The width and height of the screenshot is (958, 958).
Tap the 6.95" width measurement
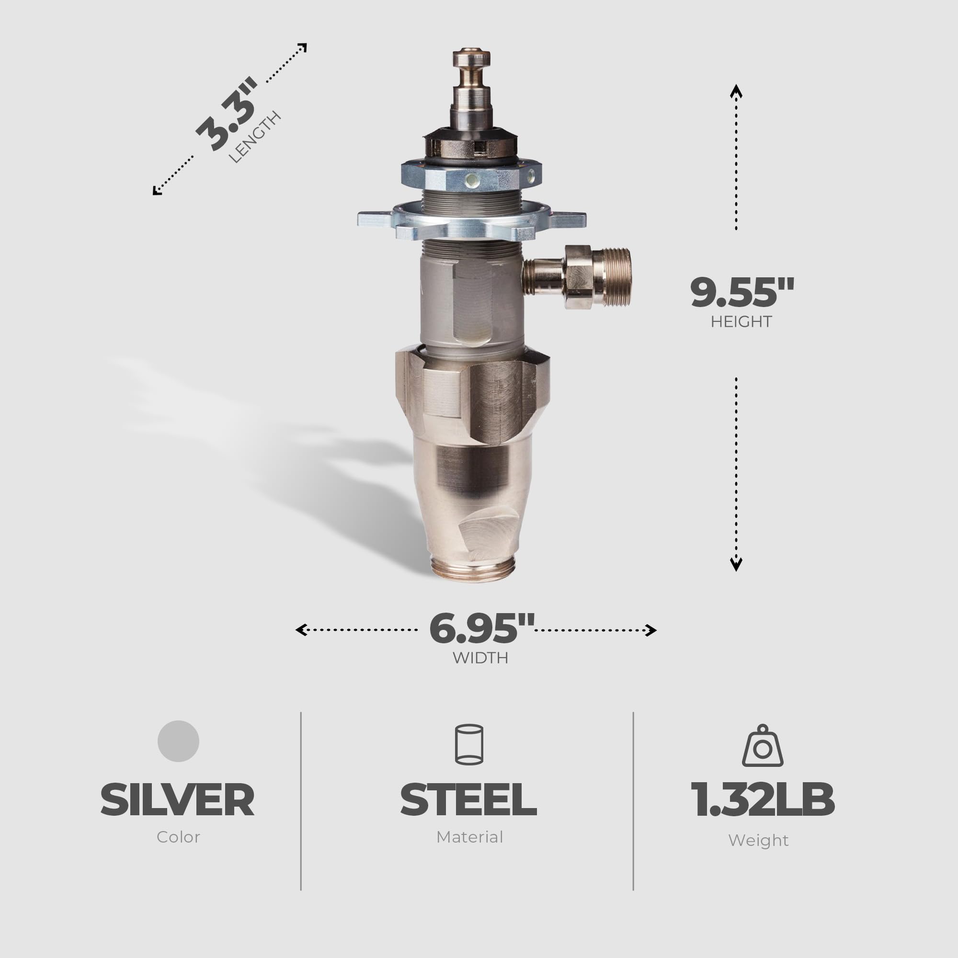(481, 629)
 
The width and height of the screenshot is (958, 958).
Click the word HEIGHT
(741, 322)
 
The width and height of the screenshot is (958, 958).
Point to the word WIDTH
(480, 658)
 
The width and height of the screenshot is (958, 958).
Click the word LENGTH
(255, 137)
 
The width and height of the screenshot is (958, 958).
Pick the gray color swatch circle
(178, 741)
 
